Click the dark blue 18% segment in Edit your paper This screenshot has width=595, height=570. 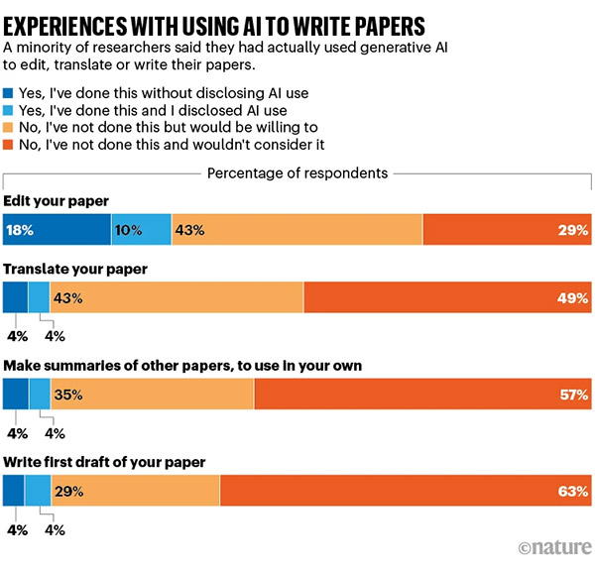point(57,229)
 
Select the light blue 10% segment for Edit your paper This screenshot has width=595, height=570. point(141,229)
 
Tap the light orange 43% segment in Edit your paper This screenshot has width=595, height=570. point(297,229)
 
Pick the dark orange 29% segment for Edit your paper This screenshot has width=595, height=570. point(507,229)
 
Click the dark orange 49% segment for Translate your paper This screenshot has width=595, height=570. point(447,297)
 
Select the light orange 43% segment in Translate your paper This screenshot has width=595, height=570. point(177,297)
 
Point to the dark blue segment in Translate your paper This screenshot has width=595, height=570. point(16,297)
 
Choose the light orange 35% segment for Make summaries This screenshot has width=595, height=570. point(153,394)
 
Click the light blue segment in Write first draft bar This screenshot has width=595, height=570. point(38,491)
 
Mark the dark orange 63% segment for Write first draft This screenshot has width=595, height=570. point(406,491)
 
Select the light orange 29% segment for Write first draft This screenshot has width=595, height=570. point(135,491)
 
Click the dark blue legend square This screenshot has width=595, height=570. point(10,94)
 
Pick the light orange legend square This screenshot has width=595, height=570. point(10,128)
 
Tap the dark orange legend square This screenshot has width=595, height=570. point(10,145)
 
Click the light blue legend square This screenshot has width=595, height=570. point(10,111)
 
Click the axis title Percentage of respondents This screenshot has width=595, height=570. point(297,173)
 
